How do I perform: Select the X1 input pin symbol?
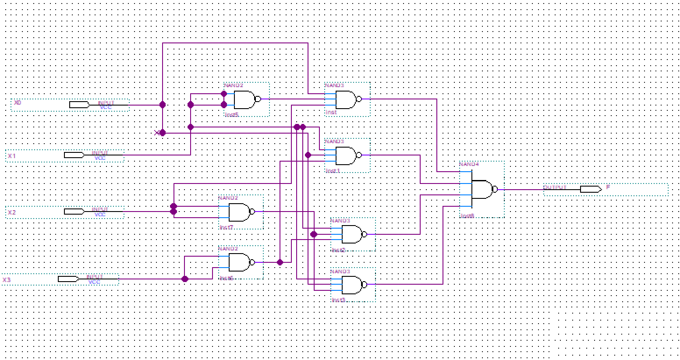click(x=74, y=155)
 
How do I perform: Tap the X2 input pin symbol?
click(x=74, y=212)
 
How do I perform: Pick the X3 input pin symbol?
click(x=68, y=279)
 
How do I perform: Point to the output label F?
click(x=608, y=187)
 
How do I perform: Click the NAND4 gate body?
click(x=482, y=189)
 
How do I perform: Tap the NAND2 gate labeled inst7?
click(x=238, y=212)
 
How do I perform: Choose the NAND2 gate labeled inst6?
click(x=238, y=262)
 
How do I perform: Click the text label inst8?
click(x=467, y=216)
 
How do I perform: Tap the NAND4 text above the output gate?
click(x=469, y=164)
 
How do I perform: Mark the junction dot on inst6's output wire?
click(x=280, y=262)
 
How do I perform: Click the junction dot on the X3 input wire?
click(x=185, y=279)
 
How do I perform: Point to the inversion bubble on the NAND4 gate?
click(x=495, y=189)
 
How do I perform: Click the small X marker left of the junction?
click(x=157, y=133)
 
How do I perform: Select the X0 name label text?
click(x=18, y=103)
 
